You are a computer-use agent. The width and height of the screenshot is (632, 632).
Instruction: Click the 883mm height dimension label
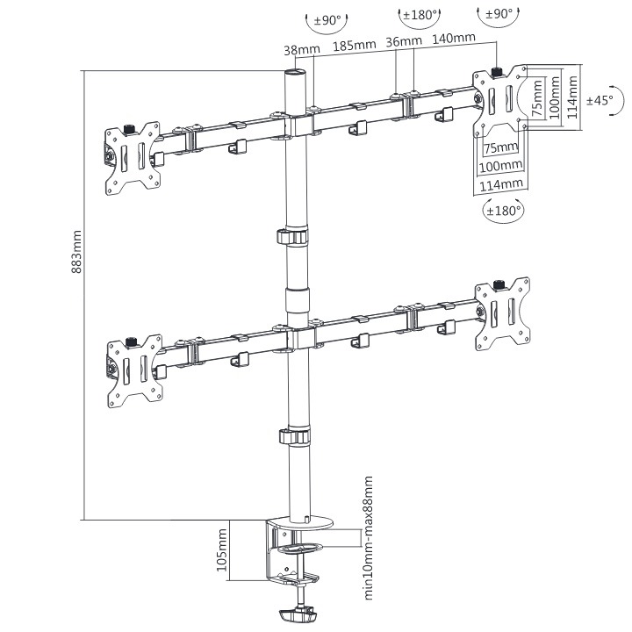(76, 252)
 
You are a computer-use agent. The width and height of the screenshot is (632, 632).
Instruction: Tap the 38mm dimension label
(302, 49)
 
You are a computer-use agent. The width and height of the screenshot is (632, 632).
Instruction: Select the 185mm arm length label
(355, 45)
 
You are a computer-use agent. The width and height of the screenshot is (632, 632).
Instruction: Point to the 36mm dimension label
(404, 41)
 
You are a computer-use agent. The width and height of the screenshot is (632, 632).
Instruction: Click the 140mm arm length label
(454, 38)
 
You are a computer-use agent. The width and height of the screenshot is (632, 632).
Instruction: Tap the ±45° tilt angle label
(600, 100)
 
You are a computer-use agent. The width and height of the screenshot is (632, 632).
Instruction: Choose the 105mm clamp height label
(222, 549)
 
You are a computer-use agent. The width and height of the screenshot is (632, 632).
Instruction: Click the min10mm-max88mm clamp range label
(369, 538)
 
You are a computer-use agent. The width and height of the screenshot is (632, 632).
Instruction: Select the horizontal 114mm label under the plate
(501, 185)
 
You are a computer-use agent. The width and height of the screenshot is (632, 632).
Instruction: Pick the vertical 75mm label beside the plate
(538, 98)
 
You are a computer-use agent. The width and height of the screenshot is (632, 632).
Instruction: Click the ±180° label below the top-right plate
(504, 211)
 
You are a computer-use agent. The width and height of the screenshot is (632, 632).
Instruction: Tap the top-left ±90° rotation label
(327, 19)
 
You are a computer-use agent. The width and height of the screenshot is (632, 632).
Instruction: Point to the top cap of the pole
(296, 73)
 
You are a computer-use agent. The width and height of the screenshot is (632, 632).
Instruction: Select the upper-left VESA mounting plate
(133, 159)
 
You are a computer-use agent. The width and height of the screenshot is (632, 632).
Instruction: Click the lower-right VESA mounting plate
(503, 314)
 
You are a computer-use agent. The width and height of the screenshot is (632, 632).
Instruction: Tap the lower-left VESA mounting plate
(134, 371)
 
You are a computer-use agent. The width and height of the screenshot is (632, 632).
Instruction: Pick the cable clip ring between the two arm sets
(293, 237)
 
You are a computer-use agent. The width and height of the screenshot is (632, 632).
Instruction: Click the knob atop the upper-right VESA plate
(498, 72)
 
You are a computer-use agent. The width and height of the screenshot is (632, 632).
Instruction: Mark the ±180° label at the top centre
(420, 15)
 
